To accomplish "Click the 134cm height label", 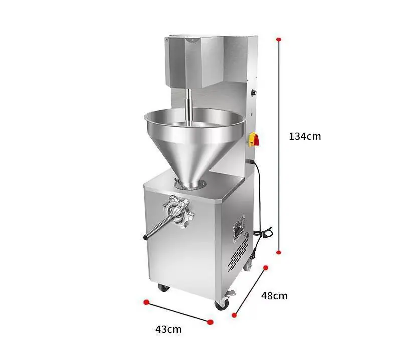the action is pos(305,136).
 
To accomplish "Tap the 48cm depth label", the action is pos(274,296).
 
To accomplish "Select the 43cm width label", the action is pos(168,329).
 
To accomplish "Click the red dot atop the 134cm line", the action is pos(279,39).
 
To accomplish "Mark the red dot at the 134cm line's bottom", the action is pos(279,252).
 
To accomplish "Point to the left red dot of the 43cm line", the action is pos(146,302).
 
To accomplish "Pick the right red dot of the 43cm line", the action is pos(211,322).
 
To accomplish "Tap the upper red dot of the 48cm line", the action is pos(265,268).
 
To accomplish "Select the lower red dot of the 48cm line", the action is pos(234,315).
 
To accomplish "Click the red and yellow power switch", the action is pos(254,139).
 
